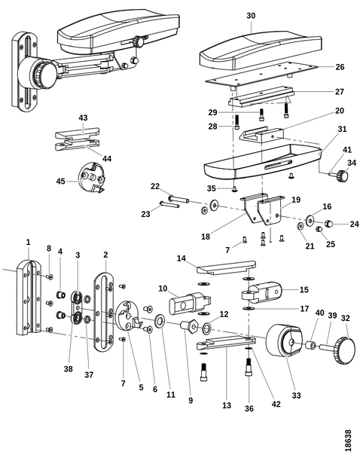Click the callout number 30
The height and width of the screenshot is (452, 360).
point(251,15)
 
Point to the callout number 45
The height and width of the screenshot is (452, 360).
point(61,181)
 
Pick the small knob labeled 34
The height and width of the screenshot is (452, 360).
point(342,176)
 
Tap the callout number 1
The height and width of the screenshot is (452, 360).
point(28,241)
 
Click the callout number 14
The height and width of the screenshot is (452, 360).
point(180,258)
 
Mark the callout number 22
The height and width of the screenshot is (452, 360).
point(155,187)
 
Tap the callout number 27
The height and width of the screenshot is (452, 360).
point(340,92)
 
